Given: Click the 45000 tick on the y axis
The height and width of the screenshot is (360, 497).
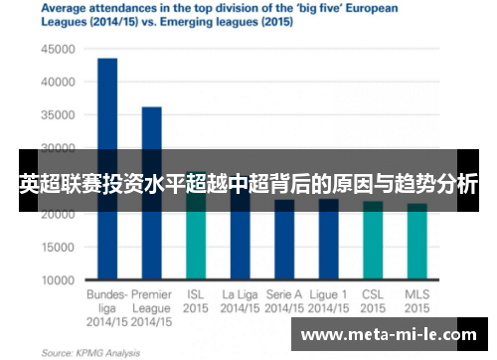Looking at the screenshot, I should pos(58,49).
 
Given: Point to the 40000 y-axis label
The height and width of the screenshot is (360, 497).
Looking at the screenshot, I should pos(58,82).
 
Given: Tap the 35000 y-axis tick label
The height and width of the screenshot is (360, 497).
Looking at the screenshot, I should pos(58,114).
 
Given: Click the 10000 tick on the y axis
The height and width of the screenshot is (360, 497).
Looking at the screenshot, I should pos(58,279).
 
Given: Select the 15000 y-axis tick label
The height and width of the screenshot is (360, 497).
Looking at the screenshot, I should pos(58,247).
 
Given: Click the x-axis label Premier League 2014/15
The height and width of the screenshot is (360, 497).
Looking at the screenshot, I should pos(151,308).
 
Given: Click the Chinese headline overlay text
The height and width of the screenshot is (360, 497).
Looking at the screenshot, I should pos(248,183).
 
